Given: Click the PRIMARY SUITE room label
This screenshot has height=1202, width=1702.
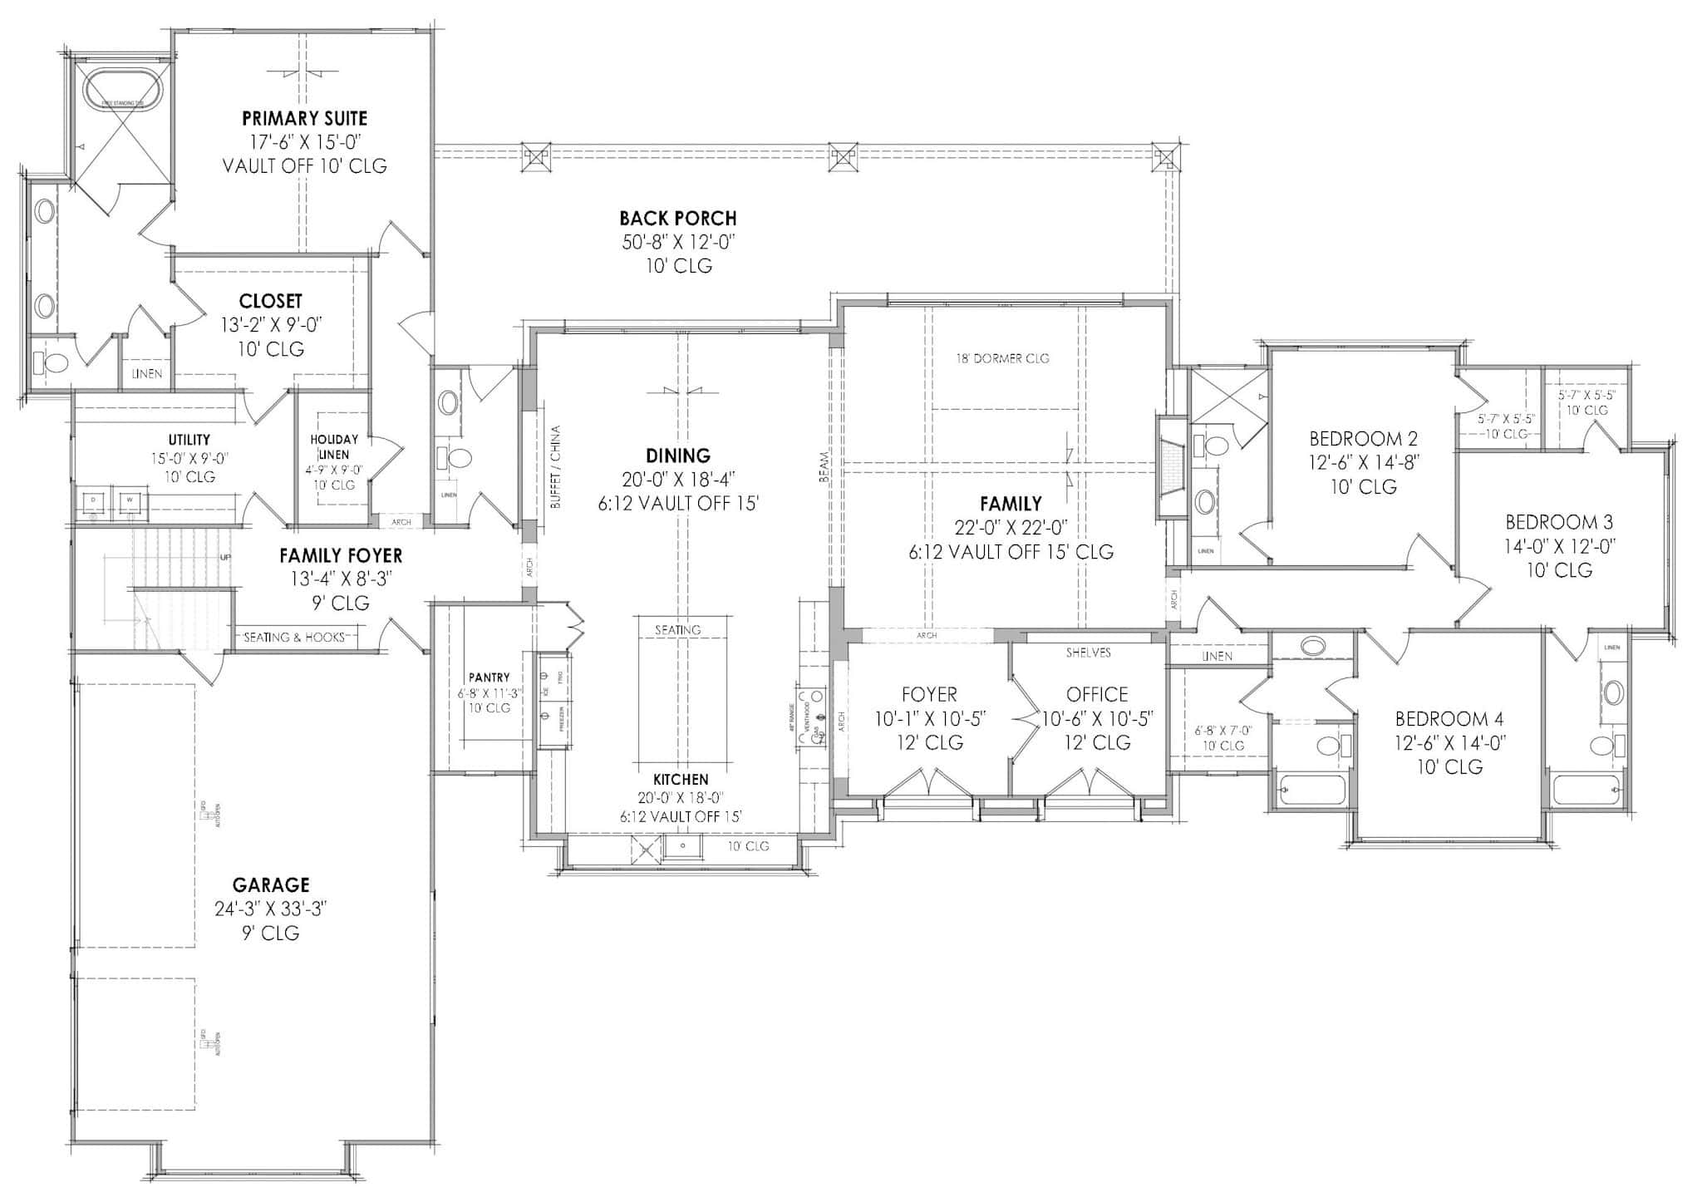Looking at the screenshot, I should click(304, 118).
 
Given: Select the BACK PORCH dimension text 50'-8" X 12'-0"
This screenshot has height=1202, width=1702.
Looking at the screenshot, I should click(678, 242).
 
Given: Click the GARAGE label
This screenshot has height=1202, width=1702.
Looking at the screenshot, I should click(271, 884).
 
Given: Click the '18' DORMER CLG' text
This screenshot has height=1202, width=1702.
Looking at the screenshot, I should click(1001, 358).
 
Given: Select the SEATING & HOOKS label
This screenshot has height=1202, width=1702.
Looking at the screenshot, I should click(293, 638).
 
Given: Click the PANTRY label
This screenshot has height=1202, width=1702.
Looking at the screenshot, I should click(489, 677).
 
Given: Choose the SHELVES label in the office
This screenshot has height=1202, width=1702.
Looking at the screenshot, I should click(1088, 653).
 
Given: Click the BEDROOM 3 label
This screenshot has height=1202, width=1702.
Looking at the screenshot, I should click(1559, 522).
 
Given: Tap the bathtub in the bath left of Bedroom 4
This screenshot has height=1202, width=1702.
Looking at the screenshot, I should click(1311, 788).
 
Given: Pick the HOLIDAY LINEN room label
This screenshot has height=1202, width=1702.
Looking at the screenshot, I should click(334, 446).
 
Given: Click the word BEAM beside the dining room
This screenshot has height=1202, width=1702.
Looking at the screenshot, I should click(824, 467).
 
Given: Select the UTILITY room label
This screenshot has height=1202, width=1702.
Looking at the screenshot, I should click(189, 439).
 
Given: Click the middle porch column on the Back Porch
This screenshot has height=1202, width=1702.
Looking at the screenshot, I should click(843, 155).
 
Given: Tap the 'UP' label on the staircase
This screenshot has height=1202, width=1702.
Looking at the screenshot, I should click(225, 558).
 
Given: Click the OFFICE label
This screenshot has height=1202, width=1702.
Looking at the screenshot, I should click(1097, 694).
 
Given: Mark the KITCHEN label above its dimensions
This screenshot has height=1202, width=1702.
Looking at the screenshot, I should click(680, 779).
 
